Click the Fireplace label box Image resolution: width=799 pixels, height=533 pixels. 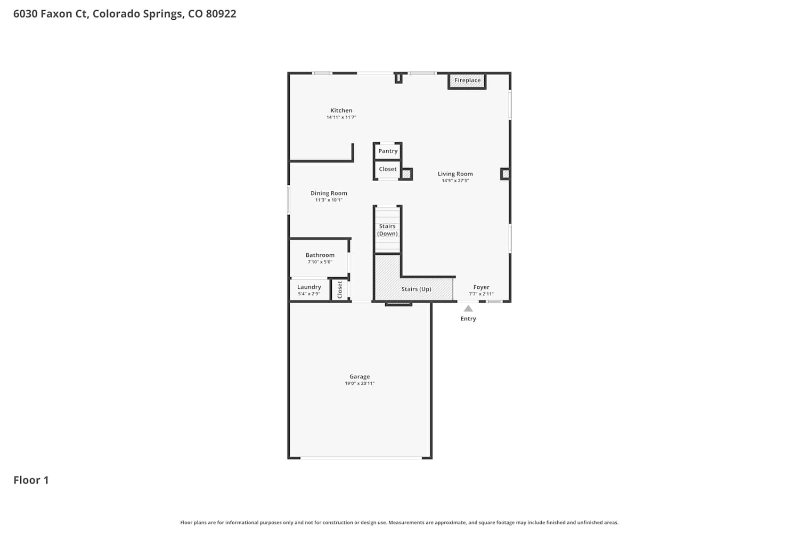[467, 80]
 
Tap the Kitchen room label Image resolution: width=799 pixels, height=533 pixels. [341, 110]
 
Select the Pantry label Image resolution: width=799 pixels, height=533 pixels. [388, 151]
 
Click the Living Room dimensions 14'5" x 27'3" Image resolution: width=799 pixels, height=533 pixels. [455, 181]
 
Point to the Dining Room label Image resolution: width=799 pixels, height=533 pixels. [329, 193]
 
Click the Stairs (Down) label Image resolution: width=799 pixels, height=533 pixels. [387, 230]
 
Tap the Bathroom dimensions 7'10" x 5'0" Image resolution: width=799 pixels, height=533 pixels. [320, 262]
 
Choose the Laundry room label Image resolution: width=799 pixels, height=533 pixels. [309, 287]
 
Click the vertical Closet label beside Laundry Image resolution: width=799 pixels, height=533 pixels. [340, 289]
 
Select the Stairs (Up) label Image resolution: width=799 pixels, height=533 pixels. [416, 289]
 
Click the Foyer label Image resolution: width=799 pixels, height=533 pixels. [481, 287]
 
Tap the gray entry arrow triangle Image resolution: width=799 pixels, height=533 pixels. [468, 309]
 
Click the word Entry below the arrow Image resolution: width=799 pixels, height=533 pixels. [468, 319]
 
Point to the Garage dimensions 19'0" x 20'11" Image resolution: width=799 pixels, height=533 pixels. [360, 383]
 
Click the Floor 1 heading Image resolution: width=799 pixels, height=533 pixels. [31, 480]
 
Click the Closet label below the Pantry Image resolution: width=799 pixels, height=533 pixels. [388, 169]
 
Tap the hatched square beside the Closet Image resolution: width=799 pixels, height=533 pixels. [406, 174]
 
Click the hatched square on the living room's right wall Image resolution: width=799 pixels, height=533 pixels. [505, 174]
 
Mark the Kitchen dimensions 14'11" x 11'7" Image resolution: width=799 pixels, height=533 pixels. [341, 117]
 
